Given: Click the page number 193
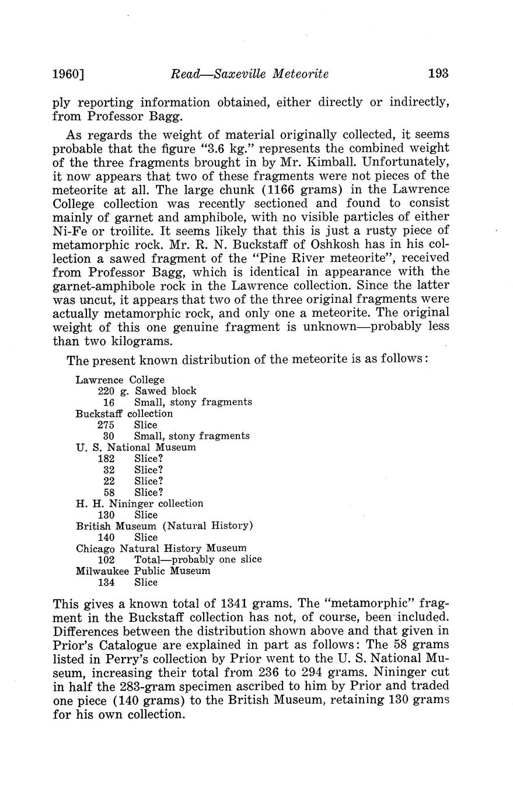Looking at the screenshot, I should click(x=438, y=73).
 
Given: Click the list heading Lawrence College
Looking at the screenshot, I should click(x=120, y=380).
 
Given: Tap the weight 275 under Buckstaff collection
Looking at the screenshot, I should click(x=106, y=425).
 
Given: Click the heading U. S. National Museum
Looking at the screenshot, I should click(x=136, y=447).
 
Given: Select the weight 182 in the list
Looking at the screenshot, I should click(x=106, y=459).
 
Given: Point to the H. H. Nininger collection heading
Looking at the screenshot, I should click(x=139, y=503).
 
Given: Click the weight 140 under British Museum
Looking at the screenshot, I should click(x=106, y=537).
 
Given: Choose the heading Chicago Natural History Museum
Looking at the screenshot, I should click(x=161, y=548).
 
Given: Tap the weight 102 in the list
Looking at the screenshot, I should click(x=106, y=559).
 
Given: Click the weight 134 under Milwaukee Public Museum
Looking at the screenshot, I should click(x=106, y=582).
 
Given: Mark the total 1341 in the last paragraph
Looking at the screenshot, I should click(x=235, y=603).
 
